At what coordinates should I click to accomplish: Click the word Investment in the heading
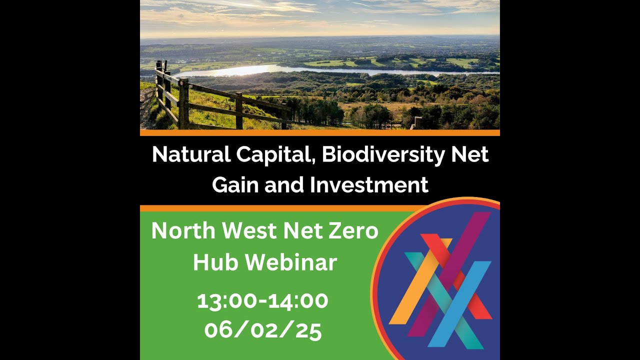click(x=369, y=185)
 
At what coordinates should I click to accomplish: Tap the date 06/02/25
click(x=262, y=330)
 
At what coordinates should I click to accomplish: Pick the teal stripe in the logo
click(x=450, y=310)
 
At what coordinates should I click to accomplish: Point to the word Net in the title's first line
click(x=469, y=154)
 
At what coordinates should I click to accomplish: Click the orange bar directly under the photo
click(x=320, y=133)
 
